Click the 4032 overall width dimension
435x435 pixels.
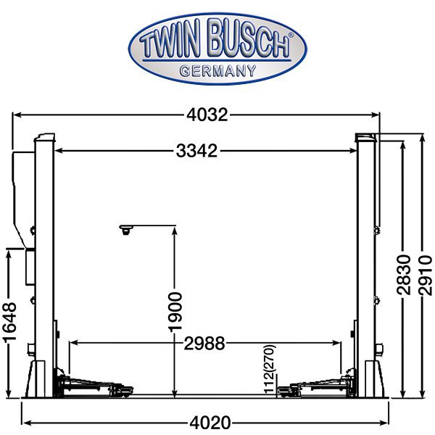pos(207,115)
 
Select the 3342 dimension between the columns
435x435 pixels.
pos(196,151)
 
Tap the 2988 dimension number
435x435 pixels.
pos(204,344)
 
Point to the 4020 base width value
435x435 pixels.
pos(210,423)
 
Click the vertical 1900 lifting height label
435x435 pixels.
pos(175,312)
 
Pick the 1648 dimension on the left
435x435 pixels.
pos(11,322)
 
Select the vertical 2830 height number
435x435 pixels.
pos(403,275)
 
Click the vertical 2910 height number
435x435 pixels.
pos(426,275)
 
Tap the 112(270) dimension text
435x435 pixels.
pos(270,369)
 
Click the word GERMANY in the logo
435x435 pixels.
pos(217,71)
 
